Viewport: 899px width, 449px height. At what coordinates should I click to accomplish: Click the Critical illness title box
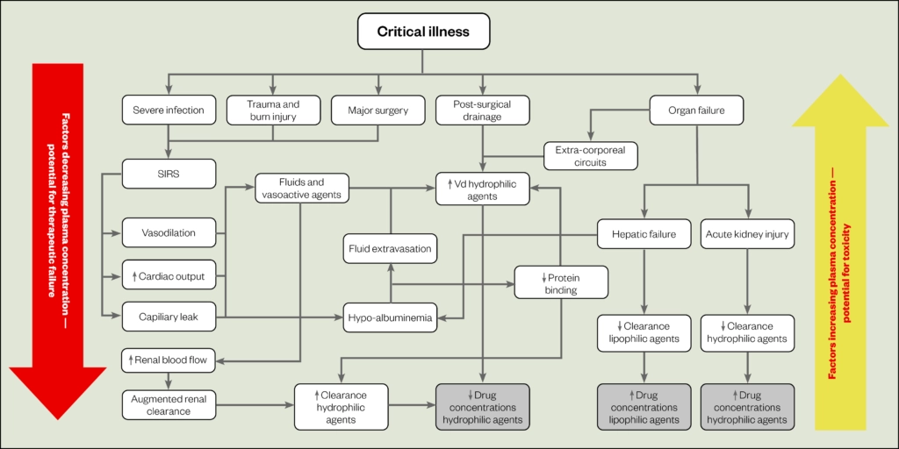point(423,32)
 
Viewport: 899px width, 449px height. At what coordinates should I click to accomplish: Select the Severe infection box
point(168,110)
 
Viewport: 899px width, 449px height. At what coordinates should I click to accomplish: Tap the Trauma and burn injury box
point(272,110)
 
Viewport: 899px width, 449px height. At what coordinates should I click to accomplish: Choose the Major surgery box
point(378,110)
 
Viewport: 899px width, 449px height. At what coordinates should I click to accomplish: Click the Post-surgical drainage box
point(481,110)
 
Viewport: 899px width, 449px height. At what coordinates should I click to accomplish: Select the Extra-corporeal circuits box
point(590,156)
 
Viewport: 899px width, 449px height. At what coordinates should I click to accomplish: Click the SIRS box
point(168,173)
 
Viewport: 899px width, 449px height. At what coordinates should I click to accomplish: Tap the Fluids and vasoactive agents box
point(302,189)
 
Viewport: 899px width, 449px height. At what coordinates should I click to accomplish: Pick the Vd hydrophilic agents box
point(483,189)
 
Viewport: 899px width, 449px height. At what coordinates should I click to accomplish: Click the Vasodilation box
point(168,233)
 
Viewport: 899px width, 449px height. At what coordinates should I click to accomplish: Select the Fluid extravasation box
point(389,248)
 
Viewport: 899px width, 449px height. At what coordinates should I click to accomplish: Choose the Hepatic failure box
point(644,233)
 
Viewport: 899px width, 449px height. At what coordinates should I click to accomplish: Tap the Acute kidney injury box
point(747,233)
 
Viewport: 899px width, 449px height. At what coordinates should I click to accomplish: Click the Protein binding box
point(560,283)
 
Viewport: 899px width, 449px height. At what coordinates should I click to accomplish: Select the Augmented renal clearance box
point(168,404)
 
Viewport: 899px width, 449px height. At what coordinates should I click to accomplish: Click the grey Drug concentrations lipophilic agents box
point(644,407)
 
